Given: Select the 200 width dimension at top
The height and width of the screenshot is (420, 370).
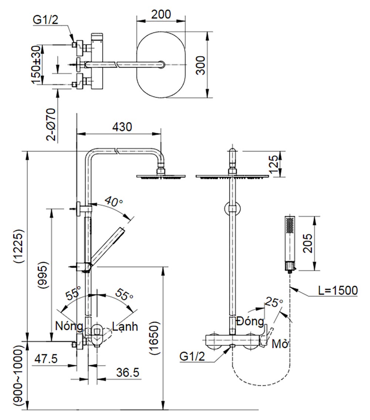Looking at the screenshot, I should click(161, 14).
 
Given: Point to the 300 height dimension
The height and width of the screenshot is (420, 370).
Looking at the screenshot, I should click(200, 66).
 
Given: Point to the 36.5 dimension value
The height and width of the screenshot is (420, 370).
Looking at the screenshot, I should click(127, 372).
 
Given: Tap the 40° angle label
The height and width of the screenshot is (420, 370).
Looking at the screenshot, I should click(114, 202).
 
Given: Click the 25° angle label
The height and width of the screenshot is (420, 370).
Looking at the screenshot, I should click(274, 302).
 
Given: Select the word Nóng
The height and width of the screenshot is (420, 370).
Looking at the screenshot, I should click(69, 326).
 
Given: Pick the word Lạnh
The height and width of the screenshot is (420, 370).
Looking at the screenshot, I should click(125, 326).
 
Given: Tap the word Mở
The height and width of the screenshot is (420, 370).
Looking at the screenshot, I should click(280, 344).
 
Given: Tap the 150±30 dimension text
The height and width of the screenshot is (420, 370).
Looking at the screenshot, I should click(36, 65).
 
